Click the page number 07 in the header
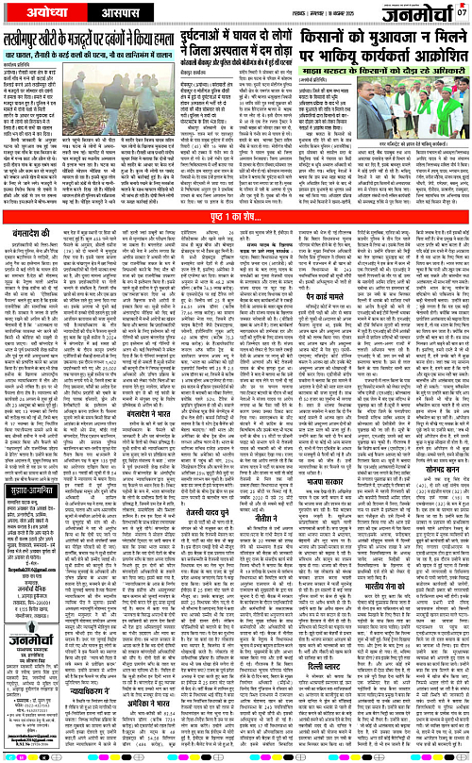(x=463, y=12)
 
